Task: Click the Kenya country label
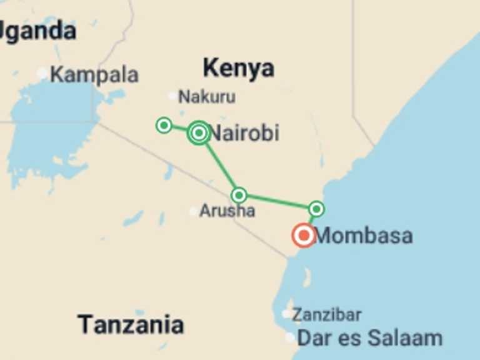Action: click(x=238, y=67)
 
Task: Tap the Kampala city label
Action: click(x=94, y=75)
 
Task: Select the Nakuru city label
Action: click(x=206, y=97)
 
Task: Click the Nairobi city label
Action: click(x=245, y=133)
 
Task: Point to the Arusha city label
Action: click(x=227, y=211)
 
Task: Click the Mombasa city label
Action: click(x=363, y=236)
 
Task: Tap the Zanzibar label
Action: click(x=327, y=314)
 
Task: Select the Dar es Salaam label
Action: click(x=369, y=338)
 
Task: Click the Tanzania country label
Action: click(x=131, y=324)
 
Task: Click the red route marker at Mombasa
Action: click(x=304, y=236)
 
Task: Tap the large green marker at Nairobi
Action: click(x=199, y=132)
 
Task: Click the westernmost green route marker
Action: click(x=164, y=126)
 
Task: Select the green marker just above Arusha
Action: click(x=239, y=195)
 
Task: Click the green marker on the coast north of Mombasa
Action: click(x=317, y=208)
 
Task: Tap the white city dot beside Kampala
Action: click(x=42, y=74)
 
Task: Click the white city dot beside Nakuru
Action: click(x=172, y=96)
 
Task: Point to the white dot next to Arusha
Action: click(x=194, y=211)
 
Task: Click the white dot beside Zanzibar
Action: click(x=286, y=314)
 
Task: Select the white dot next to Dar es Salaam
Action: click(x=290, y=337)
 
